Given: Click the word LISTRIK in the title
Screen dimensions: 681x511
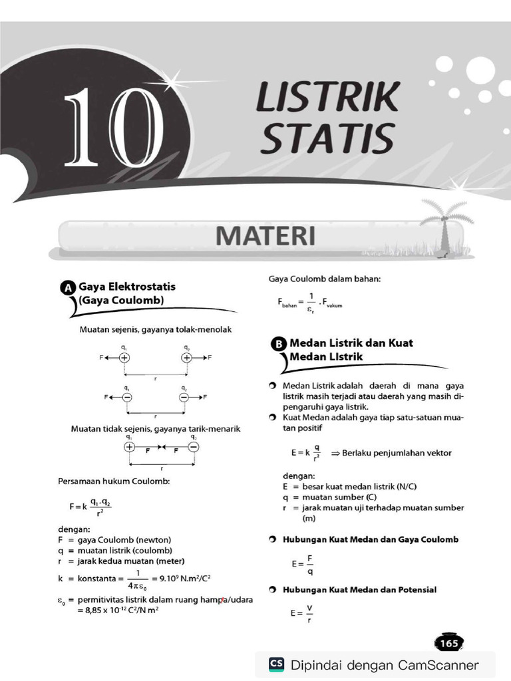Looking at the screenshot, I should (327, 97).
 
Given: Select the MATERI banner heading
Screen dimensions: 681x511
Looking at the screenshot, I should (264, 236).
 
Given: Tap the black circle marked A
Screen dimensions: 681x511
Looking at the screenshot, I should (67, 288).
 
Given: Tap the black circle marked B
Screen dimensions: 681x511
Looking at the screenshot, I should (279, 344).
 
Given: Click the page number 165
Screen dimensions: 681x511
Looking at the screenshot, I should (449, 643).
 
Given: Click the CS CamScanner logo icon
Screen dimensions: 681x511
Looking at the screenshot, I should (276, 664).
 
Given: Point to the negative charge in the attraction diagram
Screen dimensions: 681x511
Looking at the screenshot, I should (193, 447).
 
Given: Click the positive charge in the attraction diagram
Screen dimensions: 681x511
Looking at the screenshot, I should (129, 447).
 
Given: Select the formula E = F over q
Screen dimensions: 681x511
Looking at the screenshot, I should (302, 564).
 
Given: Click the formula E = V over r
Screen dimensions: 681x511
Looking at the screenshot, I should (302, 613).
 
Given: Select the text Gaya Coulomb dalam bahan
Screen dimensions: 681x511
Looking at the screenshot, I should (325, 279).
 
